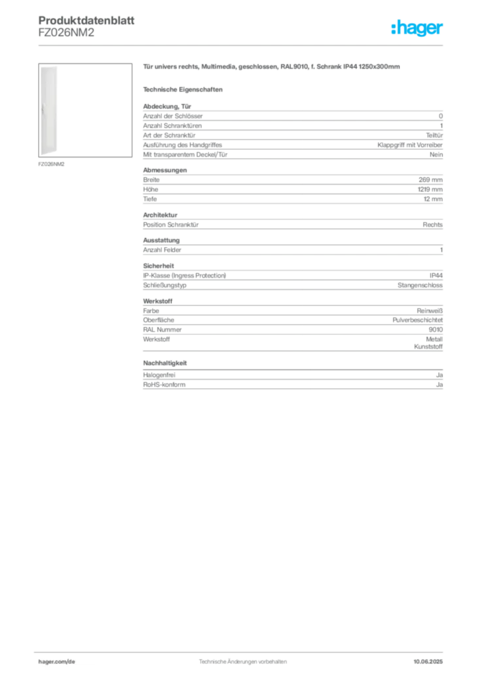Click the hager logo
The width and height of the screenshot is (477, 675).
click(x=417, y=28)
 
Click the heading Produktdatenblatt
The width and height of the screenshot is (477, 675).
click(x=86, y=20)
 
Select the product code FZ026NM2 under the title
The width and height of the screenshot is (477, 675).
click(x=67, y=32)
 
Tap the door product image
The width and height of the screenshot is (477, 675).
click(x=85, y=110)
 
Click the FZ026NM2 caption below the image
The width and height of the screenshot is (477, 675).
click(x=51, y=164)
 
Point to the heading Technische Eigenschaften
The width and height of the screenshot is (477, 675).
click(x=182, y=90)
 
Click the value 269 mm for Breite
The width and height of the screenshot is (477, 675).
click(x=430, y=180)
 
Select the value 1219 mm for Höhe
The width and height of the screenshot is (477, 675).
click(x=430, y=189)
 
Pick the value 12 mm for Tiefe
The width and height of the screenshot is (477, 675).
click(x=433, y=199)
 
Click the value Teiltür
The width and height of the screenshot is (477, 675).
click(x=434, y=135)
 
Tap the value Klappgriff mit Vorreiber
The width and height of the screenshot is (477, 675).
click(x=410, y=145)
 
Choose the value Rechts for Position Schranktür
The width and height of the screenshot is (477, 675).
click(x=433, y=225)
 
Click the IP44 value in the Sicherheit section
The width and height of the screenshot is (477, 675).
click(x=436, y=276)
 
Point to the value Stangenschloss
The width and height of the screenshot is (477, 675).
click(x=420, y=285)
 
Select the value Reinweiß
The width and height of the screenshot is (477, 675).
click(x=430, y=311)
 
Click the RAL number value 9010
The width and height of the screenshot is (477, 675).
click(x=435, y=330)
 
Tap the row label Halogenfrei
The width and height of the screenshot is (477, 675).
click(x=159, y=375)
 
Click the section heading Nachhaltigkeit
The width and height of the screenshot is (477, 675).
click(x=165, y=363)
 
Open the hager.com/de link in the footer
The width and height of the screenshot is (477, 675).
click(x=57, y=662)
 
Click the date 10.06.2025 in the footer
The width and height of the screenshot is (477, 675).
click(x=428, y=662)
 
